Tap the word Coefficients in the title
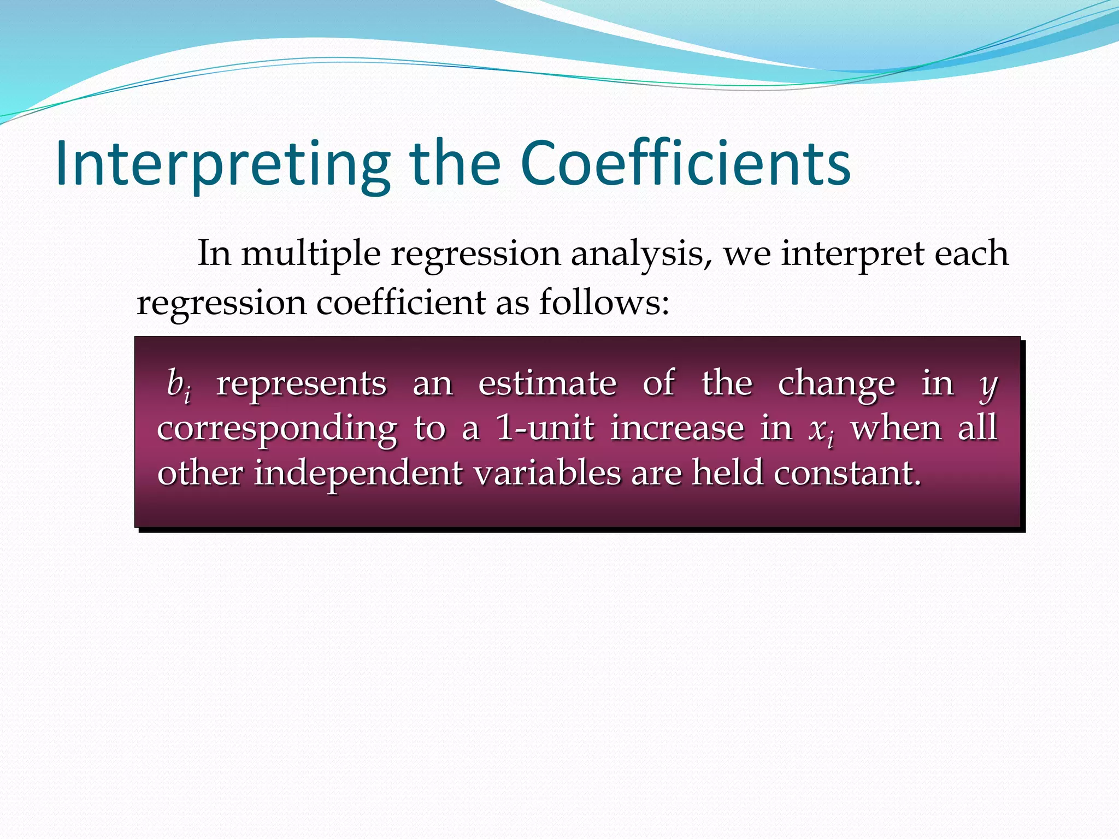685,164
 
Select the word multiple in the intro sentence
311,254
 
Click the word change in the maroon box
837,385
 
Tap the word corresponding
277,429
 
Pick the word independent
358,473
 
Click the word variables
547,472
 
